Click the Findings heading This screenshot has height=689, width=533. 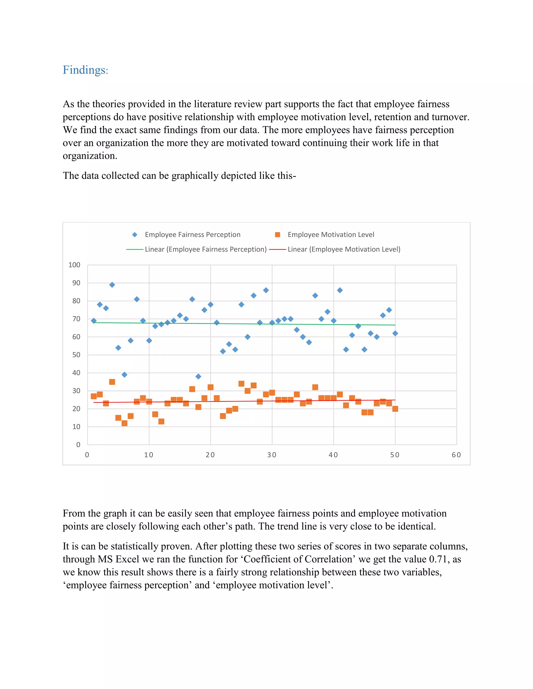[x=85, y=70]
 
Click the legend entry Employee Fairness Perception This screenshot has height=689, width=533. [x=192, y=235]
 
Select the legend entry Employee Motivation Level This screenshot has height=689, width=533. [x=331, y=235]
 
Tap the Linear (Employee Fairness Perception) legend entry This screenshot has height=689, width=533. [x=206, y=249]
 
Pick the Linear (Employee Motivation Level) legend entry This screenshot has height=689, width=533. [x=344, y=249]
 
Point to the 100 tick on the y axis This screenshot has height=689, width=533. [x=74, y=265]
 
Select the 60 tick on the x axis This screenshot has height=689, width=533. [x=456, y=455]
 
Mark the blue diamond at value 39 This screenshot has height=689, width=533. [x=124, y=375]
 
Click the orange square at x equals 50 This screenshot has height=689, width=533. [x=395, y=409]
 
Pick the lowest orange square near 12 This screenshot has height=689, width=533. [x=124, y=423]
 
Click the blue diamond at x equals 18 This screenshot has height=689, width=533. [x=198, y=376]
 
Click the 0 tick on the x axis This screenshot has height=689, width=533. [x=87, y=455]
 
